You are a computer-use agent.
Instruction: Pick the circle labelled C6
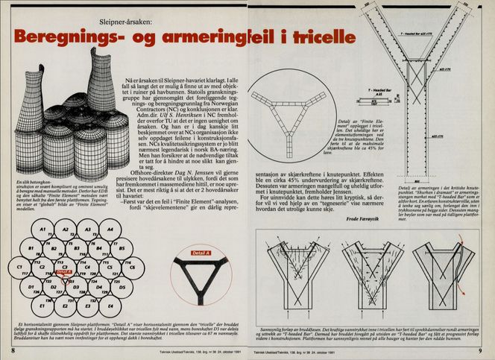coord(135,267)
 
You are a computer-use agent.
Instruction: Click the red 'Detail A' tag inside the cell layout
coord(64,274)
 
